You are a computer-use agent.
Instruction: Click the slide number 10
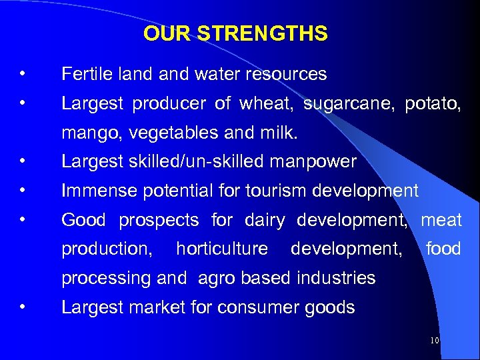click(435, 341)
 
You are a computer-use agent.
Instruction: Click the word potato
click(431, 104)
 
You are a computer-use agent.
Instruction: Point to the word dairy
click(265, 219)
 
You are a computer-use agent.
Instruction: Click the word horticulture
click(222, 249)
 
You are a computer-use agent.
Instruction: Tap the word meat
click(441, 219)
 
